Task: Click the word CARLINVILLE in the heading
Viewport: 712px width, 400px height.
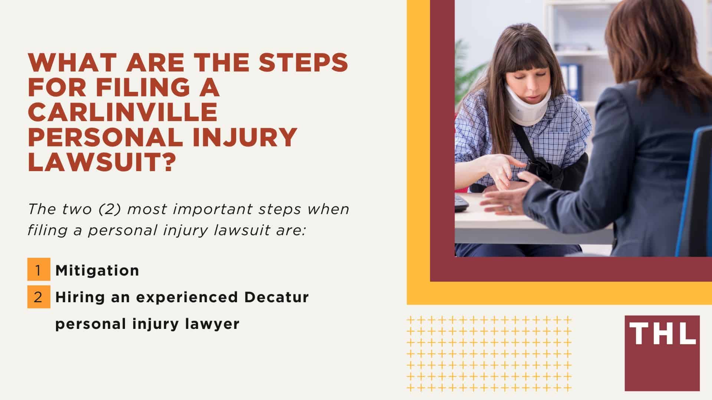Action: pos(122,112)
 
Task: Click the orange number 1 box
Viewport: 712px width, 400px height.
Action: pos(39,270)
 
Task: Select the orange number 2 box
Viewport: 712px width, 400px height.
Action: pos(39,297)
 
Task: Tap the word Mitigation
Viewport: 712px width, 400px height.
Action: pos(97,271)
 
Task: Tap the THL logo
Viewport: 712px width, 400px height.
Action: pos(662,353)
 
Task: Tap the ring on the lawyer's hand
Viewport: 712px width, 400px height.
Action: pos(510,209)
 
